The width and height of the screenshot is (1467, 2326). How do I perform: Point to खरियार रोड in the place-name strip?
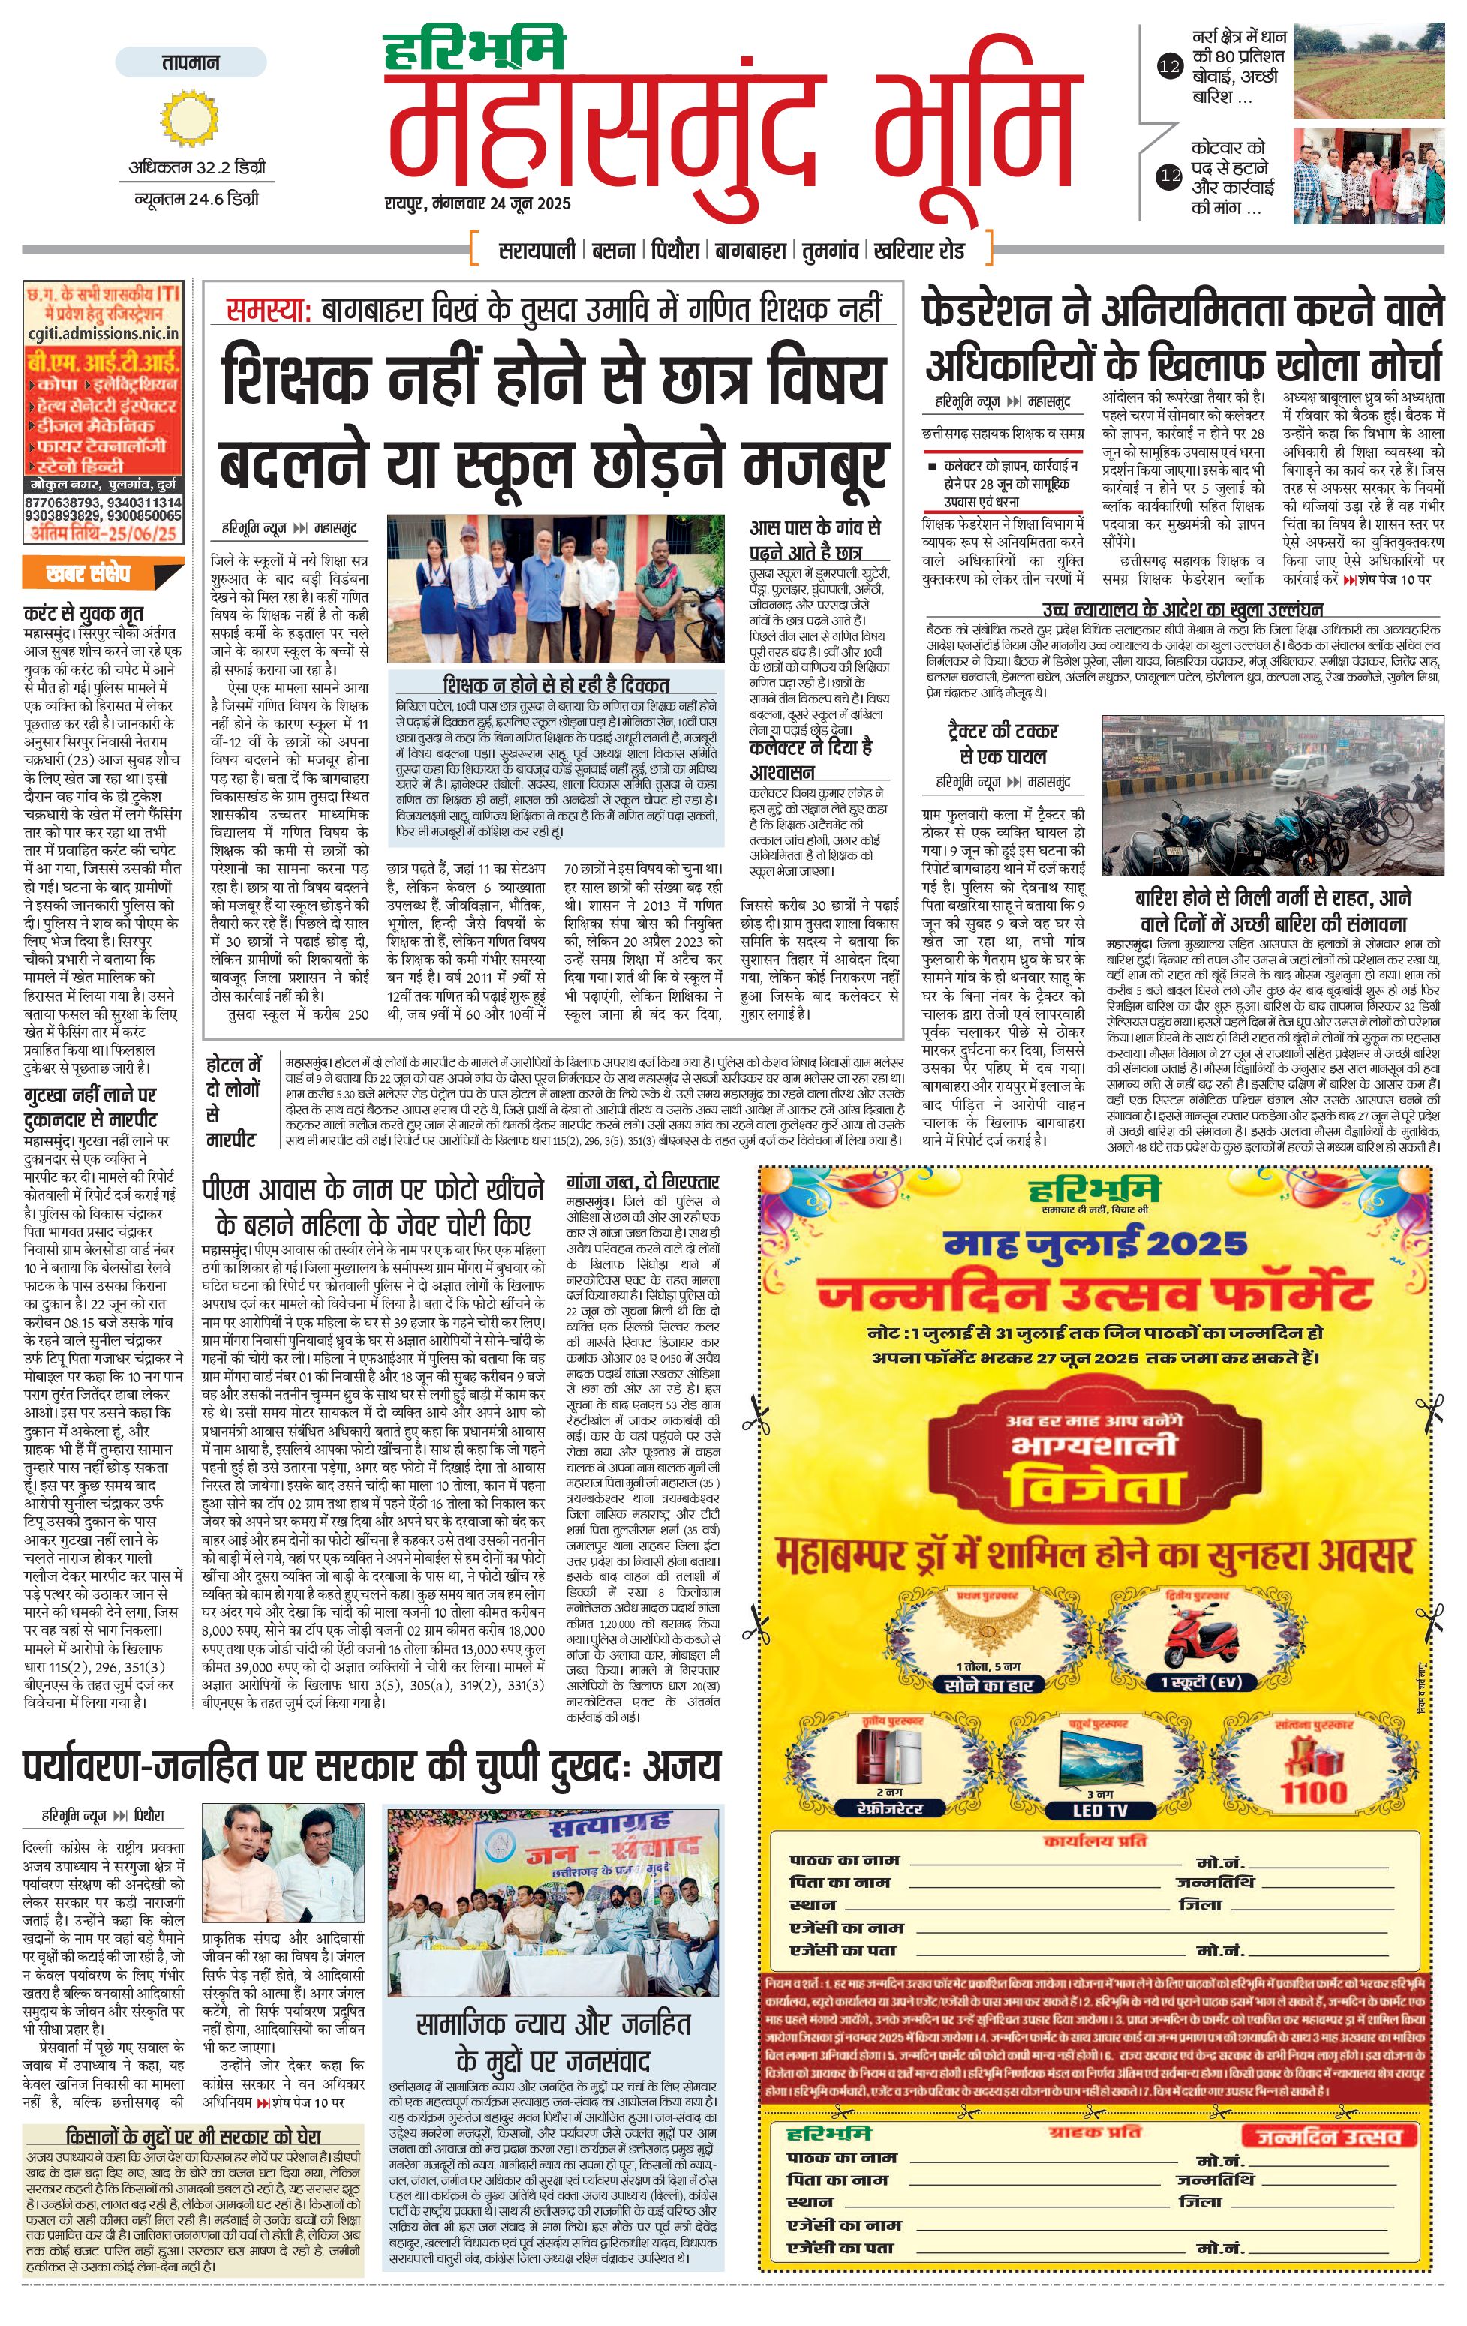pyautogui.click(x=918, y=250)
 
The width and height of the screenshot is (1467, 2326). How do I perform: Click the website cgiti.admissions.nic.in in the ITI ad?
pyautogui.click(x=102, y=334)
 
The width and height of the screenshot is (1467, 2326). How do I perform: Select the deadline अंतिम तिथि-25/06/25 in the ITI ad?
pyautogui.click(x=102, y=533)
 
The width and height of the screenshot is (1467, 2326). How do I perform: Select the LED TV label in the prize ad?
pyautogui.click(x=1100, y=1811)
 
